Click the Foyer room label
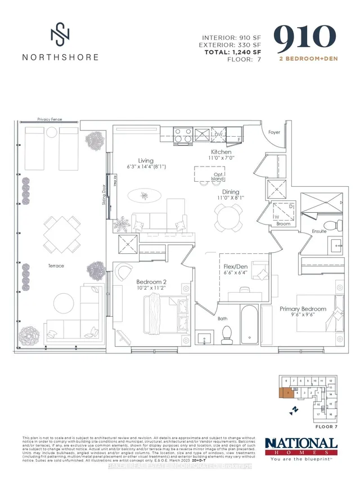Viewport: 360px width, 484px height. click(274, 133)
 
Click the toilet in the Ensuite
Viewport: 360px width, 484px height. click(338, 224)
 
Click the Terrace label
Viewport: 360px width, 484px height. click(56, 266)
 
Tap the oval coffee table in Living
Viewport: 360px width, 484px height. click(146, 195)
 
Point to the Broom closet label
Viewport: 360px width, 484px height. click(283, 223)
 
